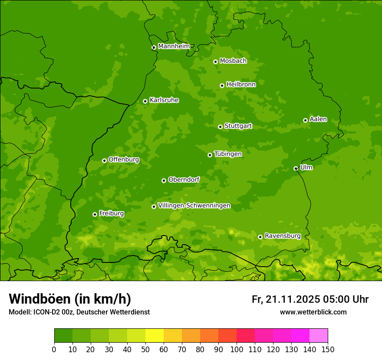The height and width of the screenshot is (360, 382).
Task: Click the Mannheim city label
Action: coord(174,46)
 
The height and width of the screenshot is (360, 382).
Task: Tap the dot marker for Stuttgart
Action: coord(220,127)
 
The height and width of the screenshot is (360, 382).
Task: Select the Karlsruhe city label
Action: coord(164,100)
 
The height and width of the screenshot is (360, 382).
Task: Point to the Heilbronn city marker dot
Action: coord(222,85)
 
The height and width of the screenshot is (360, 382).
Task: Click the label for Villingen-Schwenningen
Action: coord(194,206)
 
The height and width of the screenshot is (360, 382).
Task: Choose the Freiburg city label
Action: coord(111,213)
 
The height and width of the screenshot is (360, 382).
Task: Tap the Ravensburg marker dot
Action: coord(260,237)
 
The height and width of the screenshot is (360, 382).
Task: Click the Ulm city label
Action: coord(306,167)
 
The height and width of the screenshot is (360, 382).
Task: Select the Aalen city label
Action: coord(318,119)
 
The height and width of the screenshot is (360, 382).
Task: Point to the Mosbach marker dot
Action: coord(215,62)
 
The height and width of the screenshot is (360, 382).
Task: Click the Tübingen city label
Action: coord(228,154)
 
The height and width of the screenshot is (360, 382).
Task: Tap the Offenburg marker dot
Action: coord(104,160)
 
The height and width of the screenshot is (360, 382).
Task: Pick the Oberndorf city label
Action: coord(184,180)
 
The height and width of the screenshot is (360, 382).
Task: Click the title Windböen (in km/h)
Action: coord(69,299)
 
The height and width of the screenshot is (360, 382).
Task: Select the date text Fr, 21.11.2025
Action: coord(286,299)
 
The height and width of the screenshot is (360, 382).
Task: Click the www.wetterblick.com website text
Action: coord(313,312)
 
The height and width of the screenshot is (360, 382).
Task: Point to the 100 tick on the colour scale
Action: coord(237,349)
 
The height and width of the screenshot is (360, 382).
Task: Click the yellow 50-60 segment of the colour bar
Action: coord(155,336)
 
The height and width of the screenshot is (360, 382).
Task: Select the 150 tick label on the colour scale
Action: coord(328,349)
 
